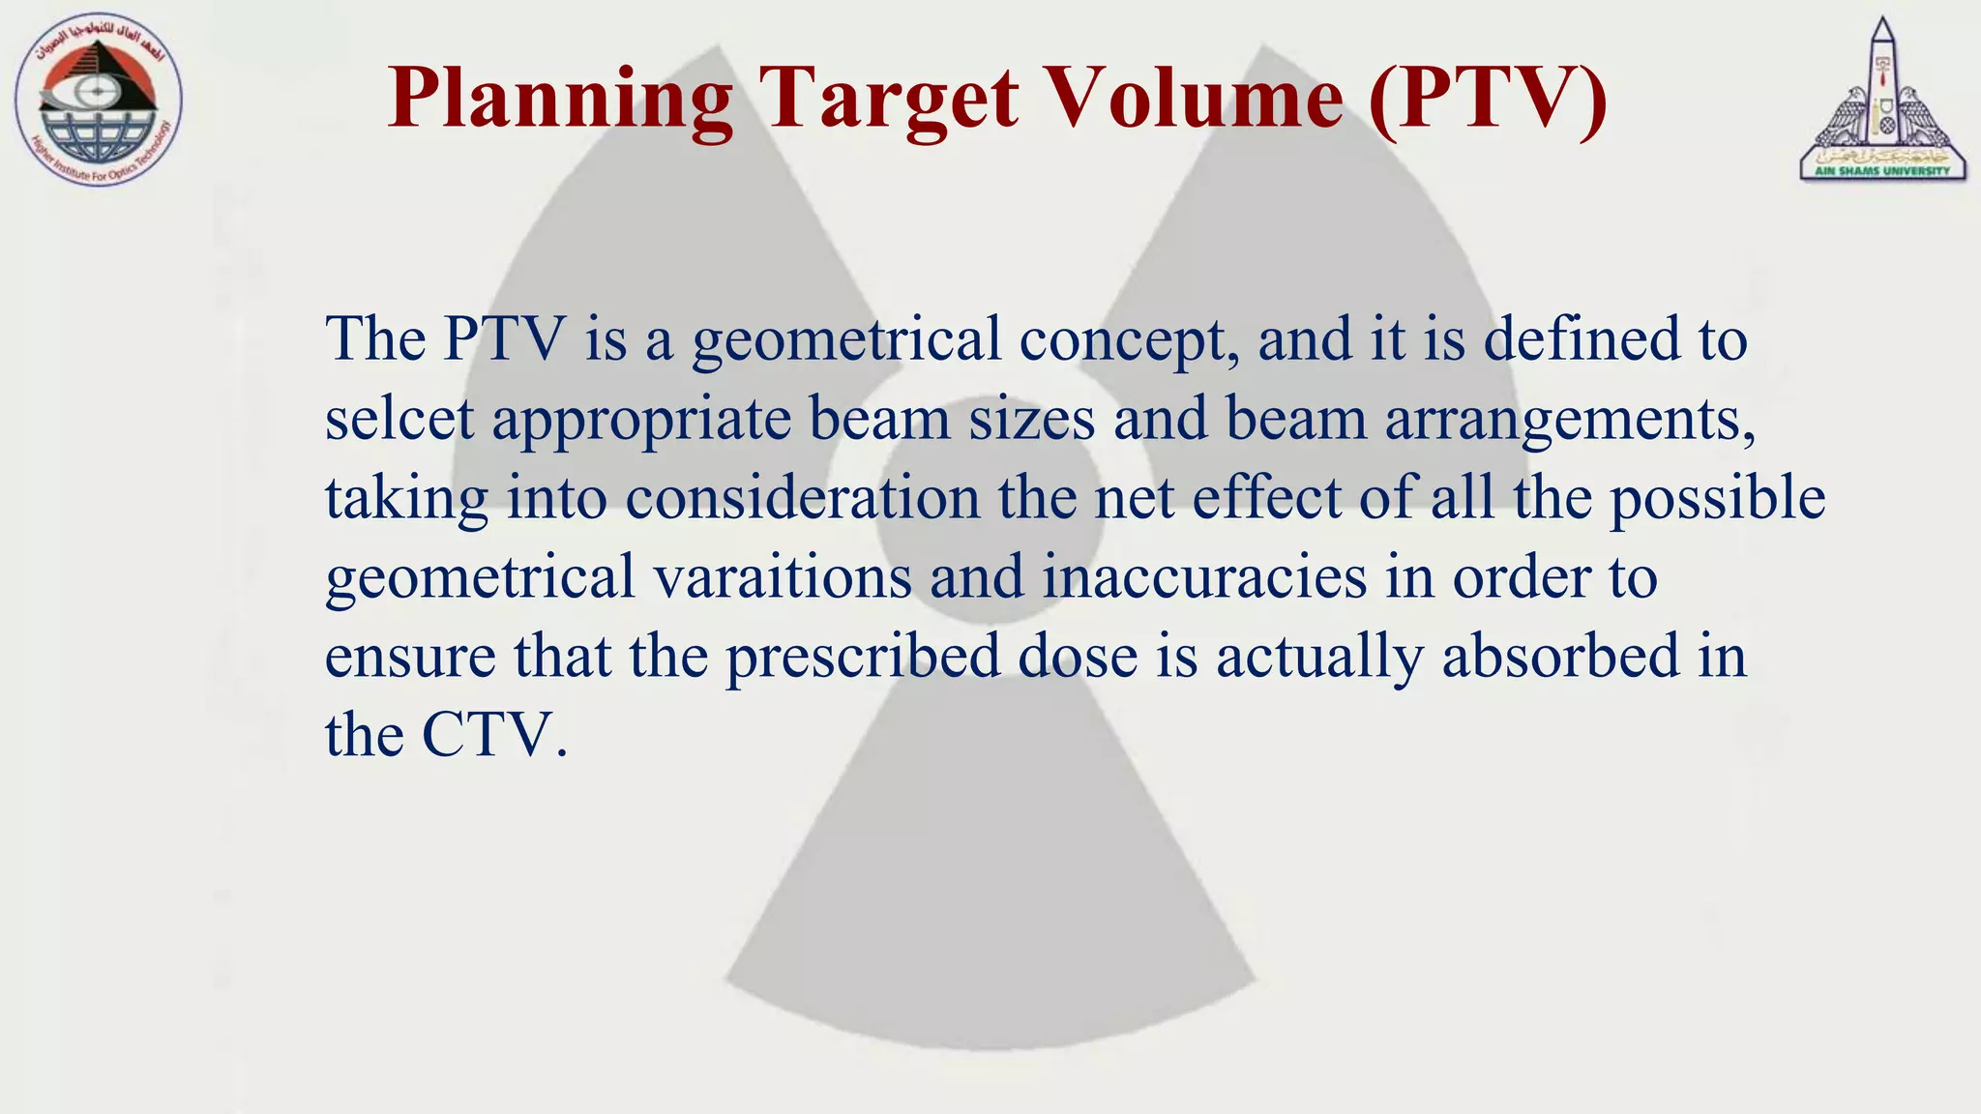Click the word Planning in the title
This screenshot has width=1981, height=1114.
560,100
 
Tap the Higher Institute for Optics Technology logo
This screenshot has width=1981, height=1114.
99,101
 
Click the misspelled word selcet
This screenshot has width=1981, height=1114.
399,420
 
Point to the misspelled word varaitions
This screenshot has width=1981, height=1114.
783,577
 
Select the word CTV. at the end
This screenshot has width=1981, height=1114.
493,736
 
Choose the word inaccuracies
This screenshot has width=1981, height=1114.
1204,577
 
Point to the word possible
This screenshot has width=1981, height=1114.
1717,498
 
